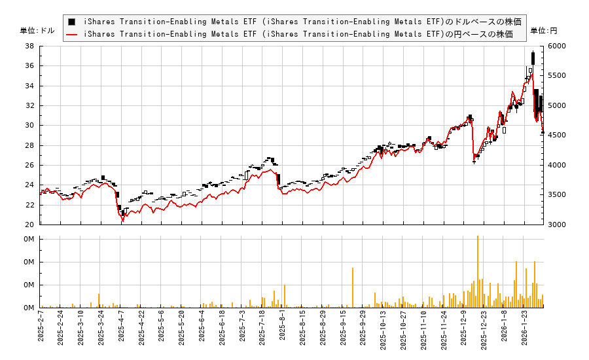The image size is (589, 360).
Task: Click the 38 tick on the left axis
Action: click(30, 46)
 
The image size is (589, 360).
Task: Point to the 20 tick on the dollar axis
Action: click(30, 225)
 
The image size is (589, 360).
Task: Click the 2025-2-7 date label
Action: click(41, 325)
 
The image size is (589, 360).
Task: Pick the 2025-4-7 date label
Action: click(122, 325)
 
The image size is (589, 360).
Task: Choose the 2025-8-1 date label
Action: click(283, 325)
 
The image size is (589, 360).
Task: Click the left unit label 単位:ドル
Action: click(38, 31)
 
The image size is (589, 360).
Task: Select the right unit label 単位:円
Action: click(543, 31)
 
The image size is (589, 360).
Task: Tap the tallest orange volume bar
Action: click(478, 272)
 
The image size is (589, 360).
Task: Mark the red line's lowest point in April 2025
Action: click(122, 222)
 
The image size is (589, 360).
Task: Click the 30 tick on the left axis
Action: click(30, 126)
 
